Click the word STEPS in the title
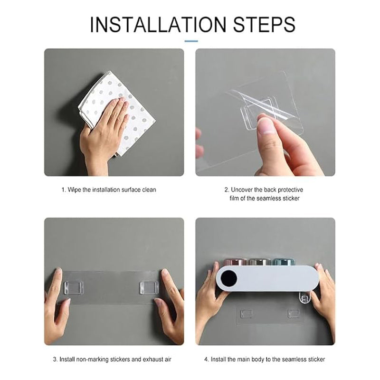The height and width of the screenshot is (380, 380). coord(264,25)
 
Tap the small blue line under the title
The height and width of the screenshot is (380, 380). coord(191,41)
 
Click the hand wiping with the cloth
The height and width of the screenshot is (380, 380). coord(104,131)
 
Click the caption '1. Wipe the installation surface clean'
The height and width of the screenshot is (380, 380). coord(109,190)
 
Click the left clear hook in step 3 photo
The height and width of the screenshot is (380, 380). coord(74,287)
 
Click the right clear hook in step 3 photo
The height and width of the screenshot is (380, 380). coord(149,287)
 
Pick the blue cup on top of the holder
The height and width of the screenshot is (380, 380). coord(284,262)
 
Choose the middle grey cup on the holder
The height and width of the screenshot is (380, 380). coord(259,262)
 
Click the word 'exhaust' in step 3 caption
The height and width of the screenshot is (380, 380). coord(153,359)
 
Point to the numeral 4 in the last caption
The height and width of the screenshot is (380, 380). coord(206,359)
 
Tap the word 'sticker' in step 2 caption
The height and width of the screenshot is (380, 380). coord(291,199)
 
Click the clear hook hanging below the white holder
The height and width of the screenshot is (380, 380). coord(305,298)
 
